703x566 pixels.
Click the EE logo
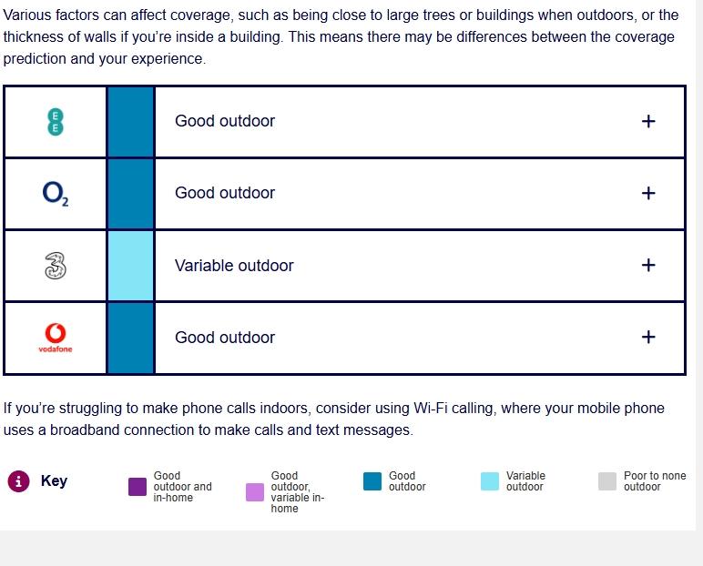(x=56, y=121)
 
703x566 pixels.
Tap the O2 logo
(x=56, y=194)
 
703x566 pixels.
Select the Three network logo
(x=56, y=266)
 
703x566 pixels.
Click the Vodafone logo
(x=56, y=338)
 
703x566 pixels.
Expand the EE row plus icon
(x=648, y=121)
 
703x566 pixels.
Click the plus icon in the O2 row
(x=648, y=193)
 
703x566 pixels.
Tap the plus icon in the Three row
(x=648, y=265)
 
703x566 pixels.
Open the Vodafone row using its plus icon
(x=648, y=337)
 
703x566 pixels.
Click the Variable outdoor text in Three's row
(x=234, y=266)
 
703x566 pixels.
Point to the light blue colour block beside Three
(x=131, y=266)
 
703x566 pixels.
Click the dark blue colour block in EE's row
(x=131, y=122)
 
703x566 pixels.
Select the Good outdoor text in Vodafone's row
(x=225, y=338)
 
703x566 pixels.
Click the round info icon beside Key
(x=18, y=481)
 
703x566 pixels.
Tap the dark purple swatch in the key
(x=138, y=487)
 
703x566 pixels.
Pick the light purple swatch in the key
(x=255, y=492)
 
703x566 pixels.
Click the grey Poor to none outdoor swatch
(x=607, y=481)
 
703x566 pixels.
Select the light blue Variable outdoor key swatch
(x=490, y=481)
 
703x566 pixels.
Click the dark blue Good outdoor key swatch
(x=372, y=481)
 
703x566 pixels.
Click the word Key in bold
(x=54, y=480)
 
